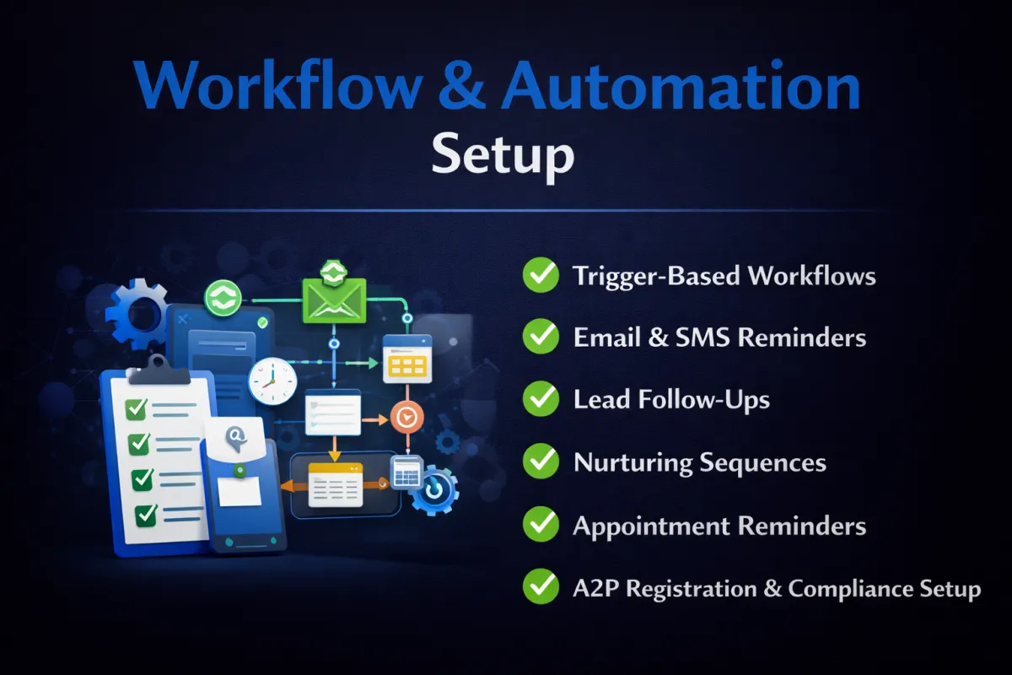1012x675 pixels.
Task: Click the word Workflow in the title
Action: [x=279, y=85]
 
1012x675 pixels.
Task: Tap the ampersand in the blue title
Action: [x=461, y=85]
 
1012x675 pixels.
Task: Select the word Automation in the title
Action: [x=681, y=85]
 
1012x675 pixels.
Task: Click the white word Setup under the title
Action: [x=503, y=155]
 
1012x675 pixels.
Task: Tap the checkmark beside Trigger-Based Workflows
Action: [x=541, y=275]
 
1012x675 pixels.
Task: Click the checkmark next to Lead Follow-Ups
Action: [x=541, y=399]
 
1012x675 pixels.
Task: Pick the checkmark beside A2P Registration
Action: [x=541, y=586]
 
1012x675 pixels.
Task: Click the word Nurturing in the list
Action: [x=631, y=463]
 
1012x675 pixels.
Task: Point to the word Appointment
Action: [x=651, y=526]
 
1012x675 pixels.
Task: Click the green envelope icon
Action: [x=334, y=300]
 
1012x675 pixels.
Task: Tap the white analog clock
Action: [x=272, y=381]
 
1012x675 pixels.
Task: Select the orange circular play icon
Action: [x=406, y=417]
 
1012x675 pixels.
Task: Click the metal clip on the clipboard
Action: [x=159, y=370]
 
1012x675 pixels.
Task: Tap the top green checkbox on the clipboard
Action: [x=136, y=409]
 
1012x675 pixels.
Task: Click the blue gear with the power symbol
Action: [x=434, y=491]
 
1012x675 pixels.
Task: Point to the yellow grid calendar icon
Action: [x=407, y=359]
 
